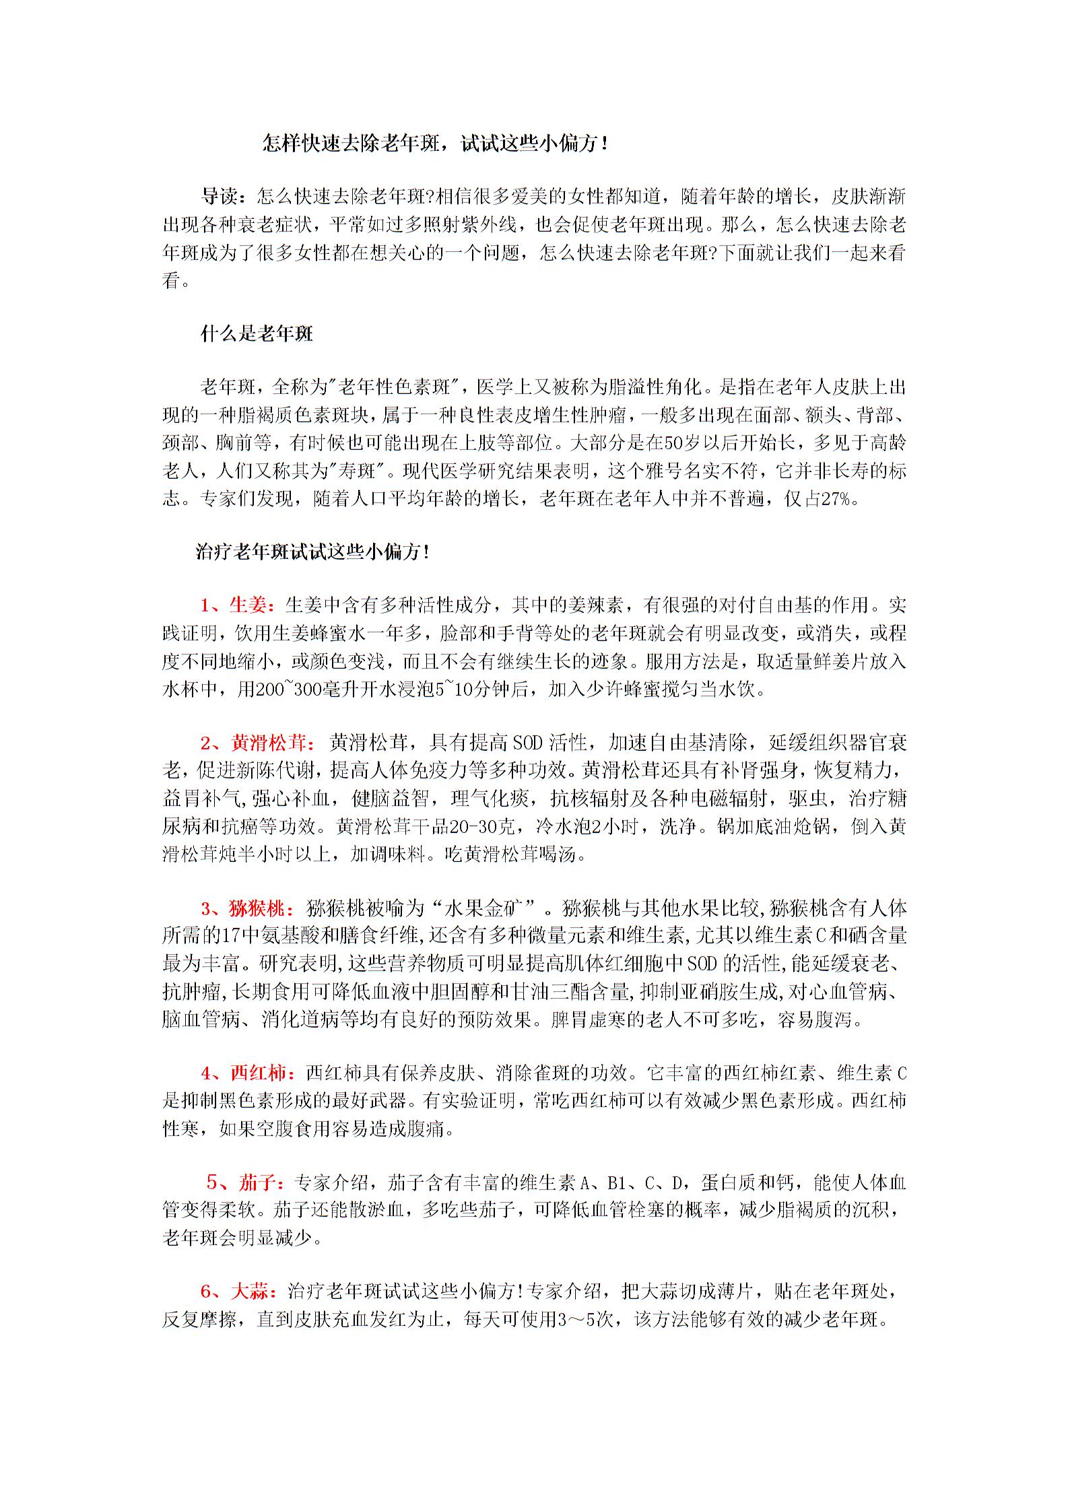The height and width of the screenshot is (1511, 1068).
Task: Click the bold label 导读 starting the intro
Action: [x=220, y=197]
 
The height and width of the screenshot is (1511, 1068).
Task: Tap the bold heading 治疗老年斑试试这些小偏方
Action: [x=312, y=552]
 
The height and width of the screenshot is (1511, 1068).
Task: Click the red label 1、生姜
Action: [x=238, y=605]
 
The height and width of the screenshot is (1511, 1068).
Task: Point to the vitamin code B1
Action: [x=618, y=1182]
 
